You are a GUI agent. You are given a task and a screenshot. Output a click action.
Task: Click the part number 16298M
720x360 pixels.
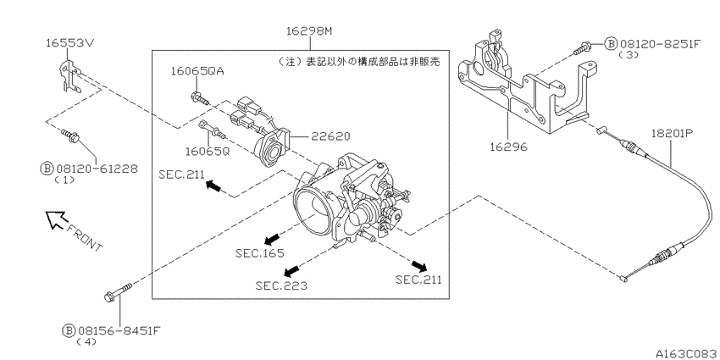pyautogui.click(x=308, y=31)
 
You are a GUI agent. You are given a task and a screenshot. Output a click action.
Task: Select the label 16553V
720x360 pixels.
pyautogui.click(x=70, y=42)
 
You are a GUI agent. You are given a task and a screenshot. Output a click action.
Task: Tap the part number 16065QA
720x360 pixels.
pyautogui.click(x=197, y=71)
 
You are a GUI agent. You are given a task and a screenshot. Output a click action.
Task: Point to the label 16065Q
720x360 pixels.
pyautogui.click(x=207, y=151)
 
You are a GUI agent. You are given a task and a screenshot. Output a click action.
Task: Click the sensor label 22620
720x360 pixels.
pyautogui.click(x=330, y=136)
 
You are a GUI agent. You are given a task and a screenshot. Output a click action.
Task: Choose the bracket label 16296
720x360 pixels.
pyautogui.click(x=508, y=147)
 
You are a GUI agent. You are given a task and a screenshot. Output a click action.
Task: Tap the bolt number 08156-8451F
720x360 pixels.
pyautogui.click(x=119, y=330)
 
